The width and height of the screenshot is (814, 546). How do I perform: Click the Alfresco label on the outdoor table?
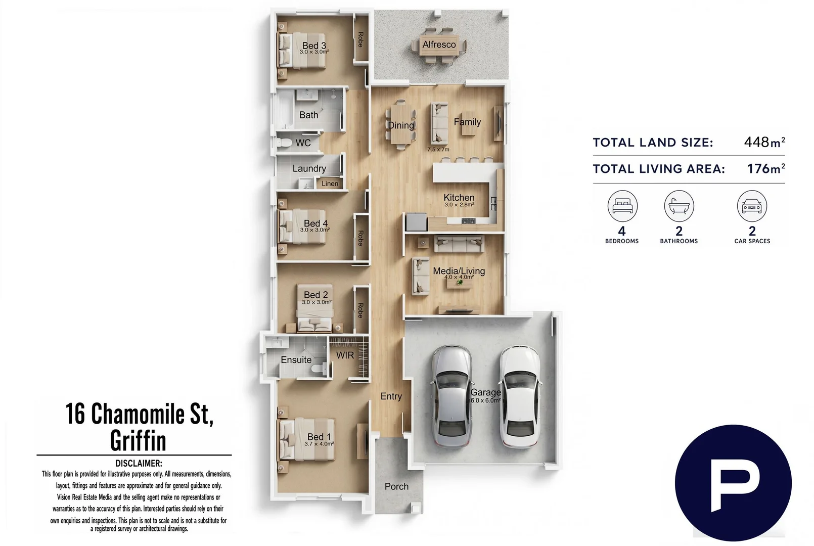(x=439, y=44)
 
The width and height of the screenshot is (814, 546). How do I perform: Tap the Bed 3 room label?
(x=314, y=45)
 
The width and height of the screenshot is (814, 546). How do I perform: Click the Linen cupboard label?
(x=330, y=184)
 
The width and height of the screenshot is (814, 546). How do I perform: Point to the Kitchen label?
(x=459, y=198)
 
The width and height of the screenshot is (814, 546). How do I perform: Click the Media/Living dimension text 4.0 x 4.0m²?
(x=459, y=277)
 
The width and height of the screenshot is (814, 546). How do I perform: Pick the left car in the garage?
(x=451, y=396)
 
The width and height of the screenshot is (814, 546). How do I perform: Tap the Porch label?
(x=396, y=486)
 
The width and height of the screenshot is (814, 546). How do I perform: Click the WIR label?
(x=345, y=355)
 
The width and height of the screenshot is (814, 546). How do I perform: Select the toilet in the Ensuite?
(x=319, y=369)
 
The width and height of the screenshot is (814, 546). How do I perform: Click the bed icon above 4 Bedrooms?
(x=622, y=206)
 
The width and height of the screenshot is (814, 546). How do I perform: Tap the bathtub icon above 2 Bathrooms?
(x=679, y=206)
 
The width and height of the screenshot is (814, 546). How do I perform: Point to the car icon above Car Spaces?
(x=752, y=206)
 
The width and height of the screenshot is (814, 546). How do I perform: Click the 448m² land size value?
(x=764, y=142)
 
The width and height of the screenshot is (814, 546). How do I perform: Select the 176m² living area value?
(x=765, y=168)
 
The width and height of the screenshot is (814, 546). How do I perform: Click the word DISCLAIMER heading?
(x=139, y=464)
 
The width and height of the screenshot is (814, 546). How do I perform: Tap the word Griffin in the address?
(x=138, y=441)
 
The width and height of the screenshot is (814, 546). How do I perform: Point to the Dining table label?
(x=401, y=125)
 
